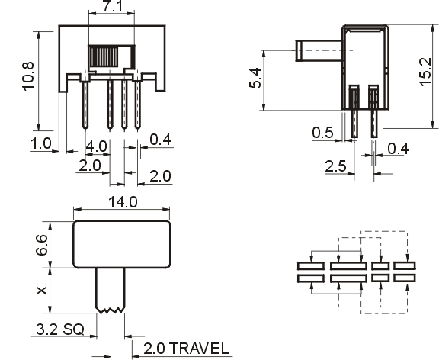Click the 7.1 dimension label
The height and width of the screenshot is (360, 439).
113,6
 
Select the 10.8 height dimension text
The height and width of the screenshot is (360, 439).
28,76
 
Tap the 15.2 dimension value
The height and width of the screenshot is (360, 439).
425,72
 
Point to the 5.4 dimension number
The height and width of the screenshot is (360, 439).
255,79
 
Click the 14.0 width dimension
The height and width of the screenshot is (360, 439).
123,202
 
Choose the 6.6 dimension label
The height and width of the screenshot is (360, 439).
41,245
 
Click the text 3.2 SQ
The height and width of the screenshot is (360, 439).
60,329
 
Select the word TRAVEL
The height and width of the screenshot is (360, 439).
199,349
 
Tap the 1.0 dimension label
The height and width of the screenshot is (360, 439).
41,143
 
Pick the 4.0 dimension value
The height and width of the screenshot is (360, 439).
96,146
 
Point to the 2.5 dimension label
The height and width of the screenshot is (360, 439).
335,166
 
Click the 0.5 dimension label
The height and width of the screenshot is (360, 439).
323,133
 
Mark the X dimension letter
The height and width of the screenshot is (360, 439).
42,291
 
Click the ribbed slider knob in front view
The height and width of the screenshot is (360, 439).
104,56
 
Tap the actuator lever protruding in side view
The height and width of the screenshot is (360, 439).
319,50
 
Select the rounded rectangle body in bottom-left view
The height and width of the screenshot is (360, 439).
122,244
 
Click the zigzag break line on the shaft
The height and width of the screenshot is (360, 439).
110,310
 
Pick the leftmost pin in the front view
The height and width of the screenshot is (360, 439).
85,105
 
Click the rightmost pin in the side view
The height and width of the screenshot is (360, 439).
374,112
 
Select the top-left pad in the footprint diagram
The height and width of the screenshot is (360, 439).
311,266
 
